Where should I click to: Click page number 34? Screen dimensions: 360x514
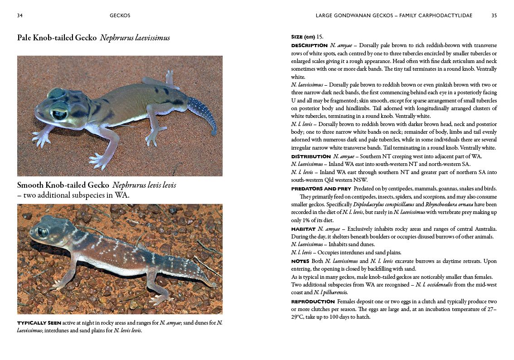pos(20,15)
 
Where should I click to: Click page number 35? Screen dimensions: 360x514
pos(494,15)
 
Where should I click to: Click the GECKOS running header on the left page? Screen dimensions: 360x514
pos(120,15)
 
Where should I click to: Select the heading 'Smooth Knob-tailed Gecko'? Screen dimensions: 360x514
pos(63,185)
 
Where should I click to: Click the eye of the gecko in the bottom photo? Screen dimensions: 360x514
pos(42,232)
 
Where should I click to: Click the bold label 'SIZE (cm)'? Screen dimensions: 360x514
pos(303,37)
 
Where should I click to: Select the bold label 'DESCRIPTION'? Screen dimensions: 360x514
pos(309,45)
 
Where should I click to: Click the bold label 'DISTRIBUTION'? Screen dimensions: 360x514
pos(310,156)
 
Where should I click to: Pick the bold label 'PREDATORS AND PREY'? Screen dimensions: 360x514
pos(321,189)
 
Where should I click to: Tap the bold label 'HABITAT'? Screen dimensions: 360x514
pos(303,229)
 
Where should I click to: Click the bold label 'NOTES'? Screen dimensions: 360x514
pos(300,262)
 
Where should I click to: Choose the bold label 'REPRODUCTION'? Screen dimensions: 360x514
pos(313,302)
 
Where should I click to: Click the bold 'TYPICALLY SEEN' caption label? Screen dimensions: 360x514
pos(39,323)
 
